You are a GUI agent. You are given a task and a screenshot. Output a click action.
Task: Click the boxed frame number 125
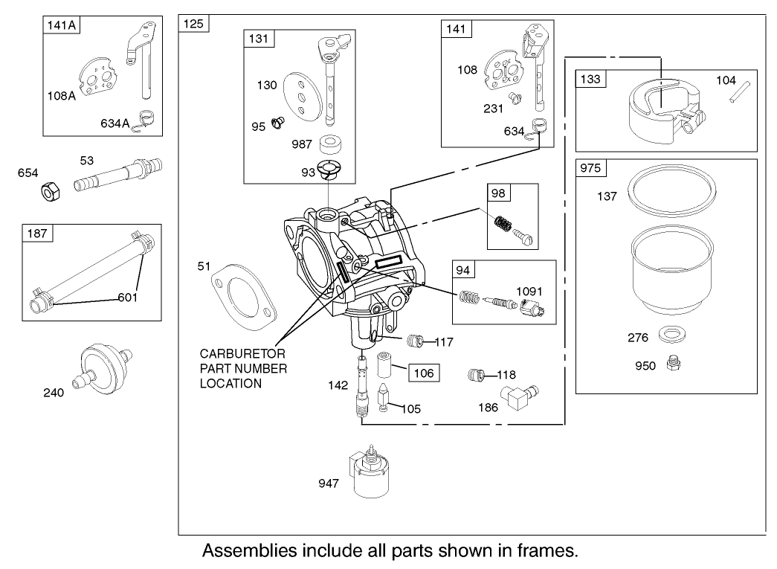[x=196, y=23]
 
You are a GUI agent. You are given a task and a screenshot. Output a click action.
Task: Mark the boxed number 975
[x=592, y=168]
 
